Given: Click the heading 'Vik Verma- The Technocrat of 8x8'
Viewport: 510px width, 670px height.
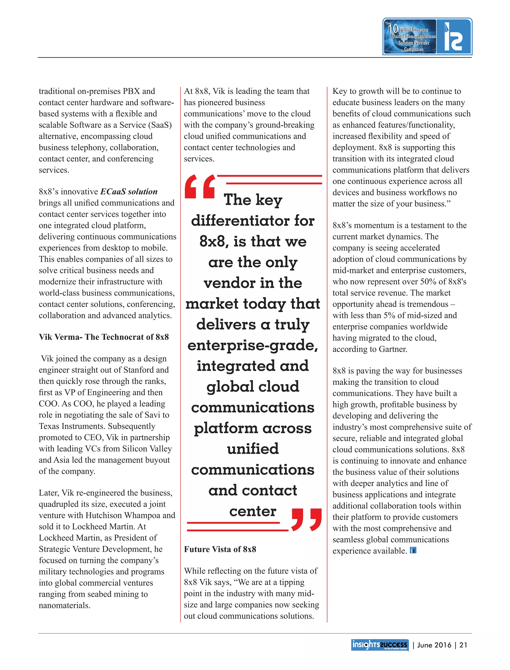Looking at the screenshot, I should [x=104, y=337].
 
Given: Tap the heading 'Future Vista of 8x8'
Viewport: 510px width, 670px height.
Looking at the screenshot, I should [x=220, y=549].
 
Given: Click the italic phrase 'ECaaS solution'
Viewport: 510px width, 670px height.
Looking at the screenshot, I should [x=129, y=191].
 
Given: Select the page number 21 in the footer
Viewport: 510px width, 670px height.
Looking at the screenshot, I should [x=463, y=645].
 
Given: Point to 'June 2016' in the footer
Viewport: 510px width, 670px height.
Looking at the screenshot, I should [x=434, y=645].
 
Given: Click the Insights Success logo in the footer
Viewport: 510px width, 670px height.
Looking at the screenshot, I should [x=380, y=645].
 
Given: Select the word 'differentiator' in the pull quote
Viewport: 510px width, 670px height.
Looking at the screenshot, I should [x=240, y=221].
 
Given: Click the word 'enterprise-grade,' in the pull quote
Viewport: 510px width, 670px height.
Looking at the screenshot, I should [x=253, y=345].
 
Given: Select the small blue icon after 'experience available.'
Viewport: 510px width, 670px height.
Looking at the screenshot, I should [x=413, y=550].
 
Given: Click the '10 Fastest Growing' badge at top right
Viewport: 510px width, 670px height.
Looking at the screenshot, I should [x=410, y=36].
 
